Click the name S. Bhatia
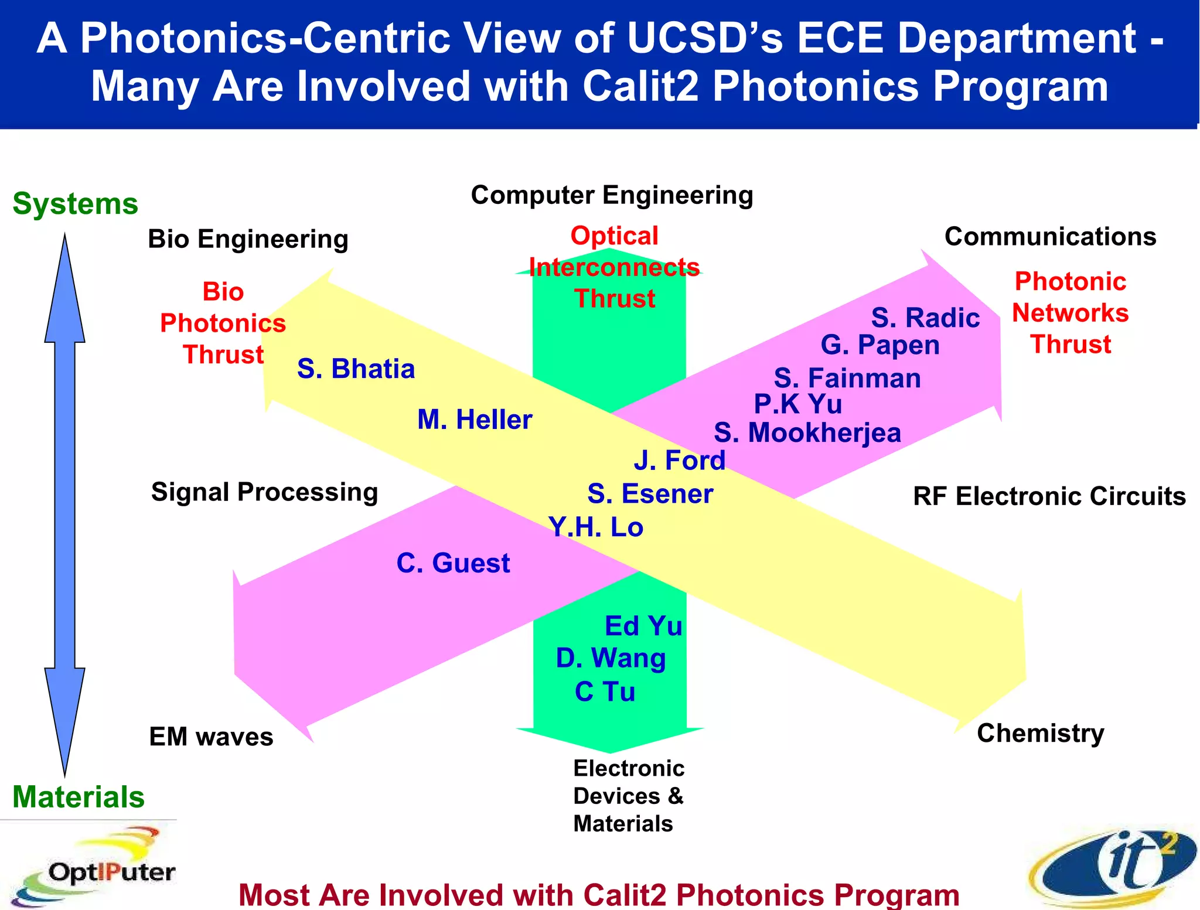coord(356,369)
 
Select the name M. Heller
coord(475,420)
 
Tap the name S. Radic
coord(925,318)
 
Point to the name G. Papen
coord(880,345)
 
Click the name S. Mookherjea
coord(807,433)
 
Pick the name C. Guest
coord(453,563)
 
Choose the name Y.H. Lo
coord(596,527)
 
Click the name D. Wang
coord(611,658)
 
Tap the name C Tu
coord(605,692)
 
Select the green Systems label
coord(75,204)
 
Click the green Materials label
coord(78,797)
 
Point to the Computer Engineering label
coord(612,195)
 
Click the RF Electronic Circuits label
coord(1049,496)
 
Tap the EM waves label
coord(211,737)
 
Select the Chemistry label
coord(1040,733)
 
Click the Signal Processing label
coord(264,492)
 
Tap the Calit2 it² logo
coord(1113,867)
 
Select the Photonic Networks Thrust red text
coord(1070,313)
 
